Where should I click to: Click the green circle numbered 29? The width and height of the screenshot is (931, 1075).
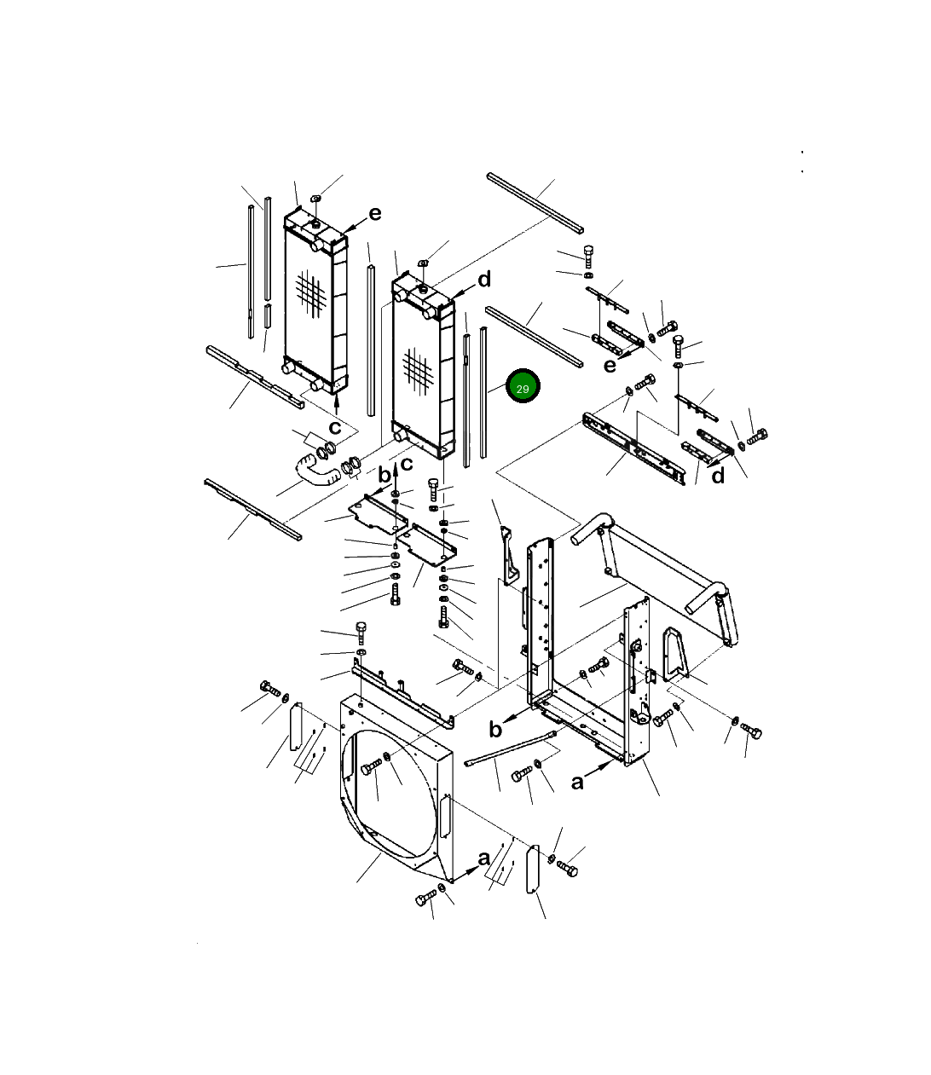tap(523, 388)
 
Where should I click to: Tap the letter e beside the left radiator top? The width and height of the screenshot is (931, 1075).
tap(374, 214)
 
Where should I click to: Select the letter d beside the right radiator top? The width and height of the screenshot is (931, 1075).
tap(483, 280)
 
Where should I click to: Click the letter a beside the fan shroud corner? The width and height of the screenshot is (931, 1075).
tap(484, 858)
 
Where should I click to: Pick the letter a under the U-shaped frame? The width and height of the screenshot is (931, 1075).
tap(578, 781)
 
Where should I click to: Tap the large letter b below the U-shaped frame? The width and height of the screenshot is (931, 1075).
tap(495, 729)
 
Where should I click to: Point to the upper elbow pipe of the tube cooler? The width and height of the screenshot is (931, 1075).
tap(589, 530)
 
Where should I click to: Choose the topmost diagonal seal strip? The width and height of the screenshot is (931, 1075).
tap(535, 203)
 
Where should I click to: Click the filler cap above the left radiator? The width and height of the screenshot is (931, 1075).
tap(315, 199)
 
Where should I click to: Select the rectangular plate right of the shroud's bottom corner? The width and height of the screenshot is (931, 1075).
tap(535, 870)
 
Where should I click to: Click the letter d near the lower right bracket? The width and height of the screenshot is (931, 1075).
tap(718, 476)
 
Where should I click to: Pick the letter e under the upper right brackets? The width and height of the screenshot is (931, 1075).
tap(610, 366)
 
